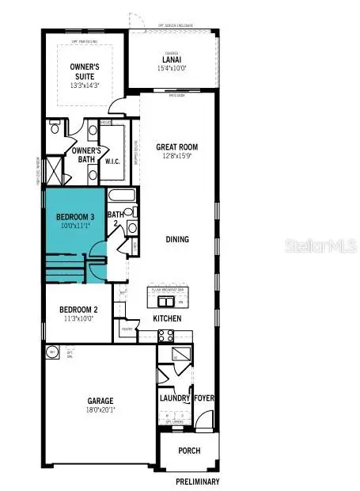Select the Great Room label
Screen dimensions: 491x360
[176, 147]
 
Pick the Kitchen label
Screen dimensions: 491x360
[167, 318]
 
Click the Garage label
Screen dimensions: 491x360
[101, 401]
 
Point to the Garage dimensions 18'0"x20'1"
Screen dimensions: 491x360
[101, 410]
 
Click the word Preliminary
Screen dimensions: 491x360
[198, 481]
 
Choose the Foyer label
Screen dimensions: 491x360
[204, 399]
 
